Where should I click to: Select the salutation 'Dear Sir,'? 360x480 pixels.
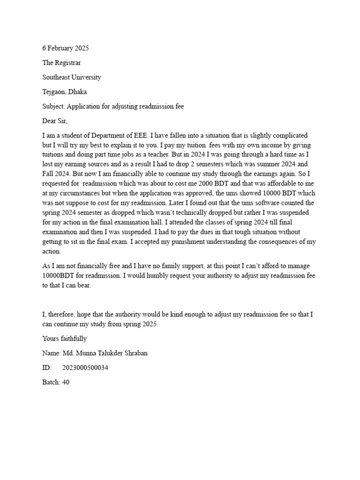coord(55,121)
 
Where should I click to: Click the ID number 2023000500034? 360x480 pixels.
coord(86,368)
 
